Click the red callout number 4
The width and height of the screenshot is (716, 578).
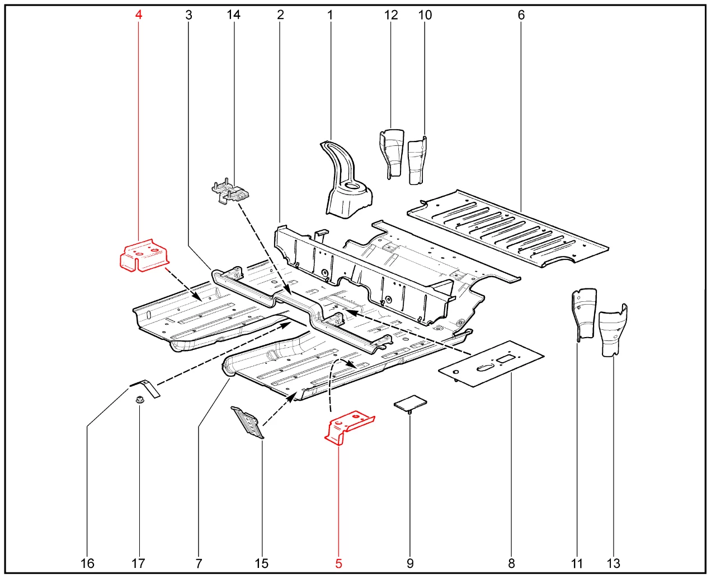(x=138, y=15)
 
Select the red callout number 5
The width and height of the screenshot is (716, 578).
(x=338, y=563)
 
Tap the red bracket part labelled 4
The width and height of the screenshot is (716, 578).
(x=144, y=255)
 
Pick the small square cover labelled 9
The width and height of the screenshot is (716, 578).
(x=410, y=402)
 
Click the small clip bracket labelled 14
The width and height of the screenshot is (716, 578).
(x=230, y=192)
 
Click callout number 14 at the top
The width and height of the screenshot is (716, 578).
(x=233, y=15)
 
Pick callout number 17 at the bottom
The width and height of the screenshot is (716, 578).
(x=138, y=563)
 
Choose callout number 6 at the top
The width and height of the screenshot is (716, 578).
(x=521, y=15)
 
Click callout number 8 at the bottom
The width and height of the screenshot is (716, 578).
(x=511, y=563)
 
